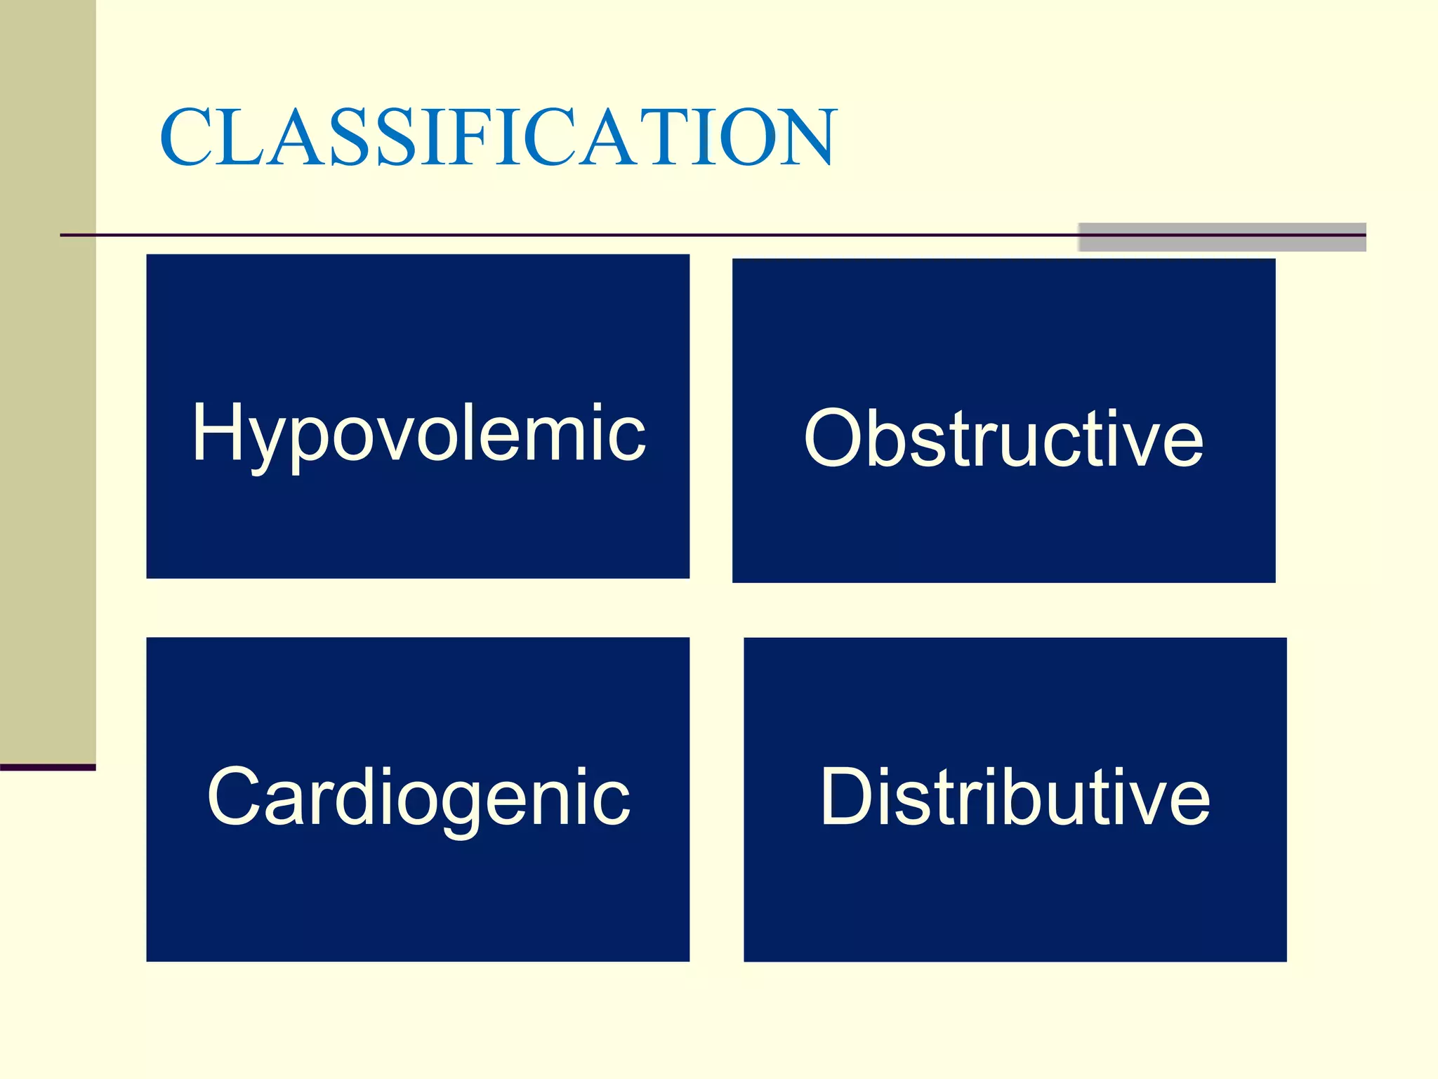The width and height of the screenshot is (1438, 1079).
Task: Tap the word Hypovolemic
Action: pos(418,433)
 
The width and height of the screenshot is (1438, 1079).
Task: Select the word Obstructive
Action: pos(1003,438)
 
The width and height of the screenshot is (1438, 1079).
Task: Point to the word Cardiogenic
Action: pos(418,798)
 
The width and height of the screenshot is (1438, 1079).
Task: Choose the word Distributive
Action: pos(1015,798)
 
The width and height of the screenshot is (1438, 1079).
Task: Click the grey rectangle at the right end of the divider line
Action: pos(1222,237)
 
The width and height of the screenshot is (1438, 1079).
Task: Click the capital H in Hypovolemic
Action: pos(218,432)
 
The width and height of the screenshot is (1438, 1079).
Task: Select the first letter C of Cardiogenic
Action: pos(235,797)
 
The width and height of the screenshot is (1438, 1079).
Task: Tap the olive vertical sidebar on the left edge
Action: pos(47,379)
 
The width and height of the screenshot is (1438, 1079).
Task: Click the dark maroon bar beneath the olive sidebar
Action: pos(47,767)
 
